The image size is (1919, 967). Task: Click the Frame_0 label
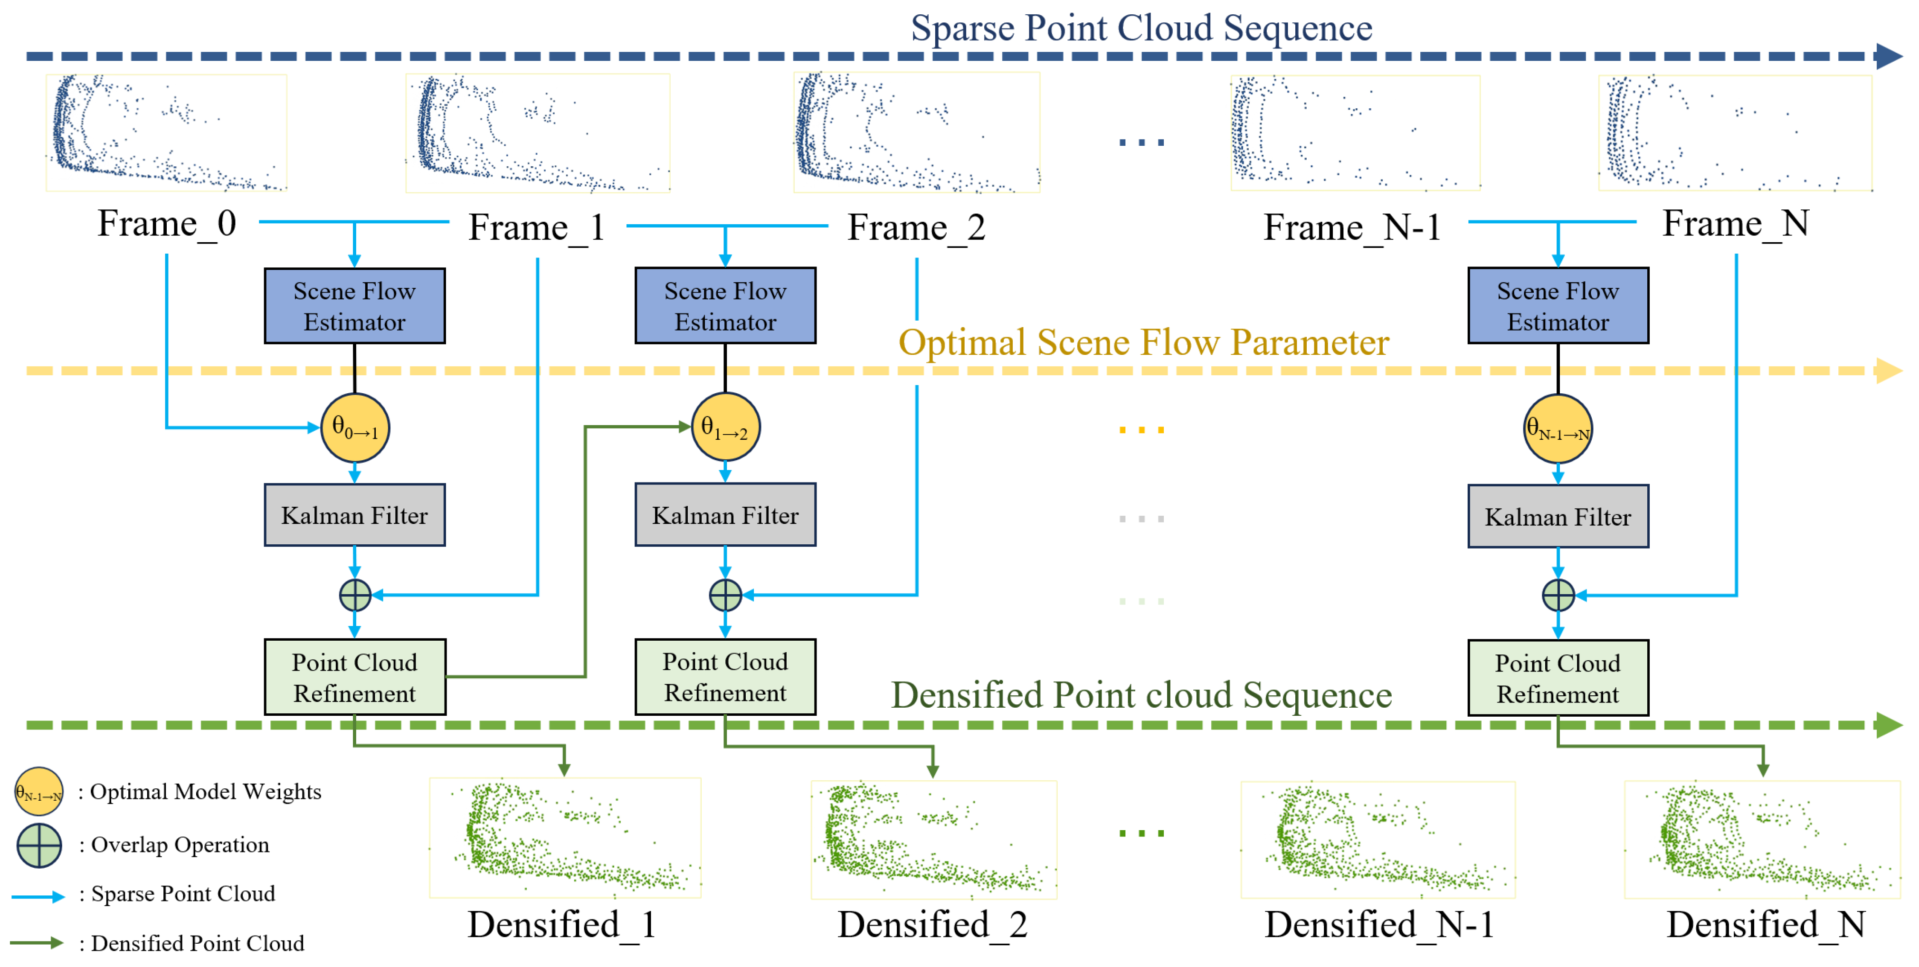167,224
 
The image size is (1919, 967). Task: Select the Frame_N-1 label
1352,227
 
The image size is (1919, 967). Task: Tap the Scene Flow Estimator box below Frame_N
1558,305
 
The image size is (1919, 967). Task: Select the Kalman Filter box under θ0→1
355,515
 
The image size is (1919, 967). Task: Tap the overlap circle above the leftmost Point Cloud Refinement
355,595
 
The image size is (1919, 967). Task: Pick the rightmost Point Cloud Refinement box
1558,678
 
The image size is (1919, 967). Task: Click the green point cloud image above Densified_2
933,840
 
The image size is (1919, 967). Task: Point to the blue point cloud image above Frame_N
1735,133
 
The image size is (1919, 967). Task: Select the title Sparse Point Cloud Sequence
1141,28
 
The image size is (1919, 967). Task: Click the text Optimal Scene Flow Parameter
1143,343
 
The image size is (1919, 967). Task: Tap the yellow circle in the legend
39,791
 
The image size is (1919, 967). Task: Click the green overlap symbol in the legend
39,845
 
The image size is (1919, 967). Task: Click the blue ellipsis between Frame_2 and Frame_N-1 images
1141,142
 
